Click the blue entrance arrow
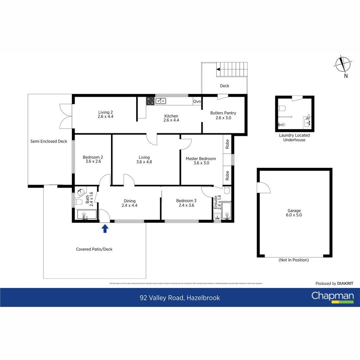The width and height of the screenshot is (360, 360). (x=105, y=228)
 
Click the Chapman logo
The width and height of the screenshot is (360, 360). (x=332, y=297)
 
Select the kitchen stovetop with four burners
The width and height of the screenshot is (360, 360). (x=150, y=101)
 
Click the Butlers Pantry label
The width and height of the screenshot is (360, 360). (x=223, y=115)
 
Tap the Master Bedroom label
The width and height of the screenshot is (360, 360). (x=201, y=161)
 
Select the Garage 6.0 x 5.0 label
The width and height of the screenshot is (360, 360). (x=294, y=213)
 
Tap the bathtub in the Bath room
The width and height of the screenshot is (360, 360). (x=86, y=215)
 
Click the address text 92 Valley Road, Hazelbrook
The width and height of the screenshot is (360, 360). (x=180, y=298)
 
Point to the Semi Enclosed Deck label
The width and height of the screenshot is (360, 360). (x=49, y=141)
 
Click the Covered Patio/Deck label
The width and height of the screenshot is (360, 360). (x=94, y=249)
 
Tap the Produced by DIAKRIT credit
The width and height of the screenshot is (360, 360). (x=334, y=283)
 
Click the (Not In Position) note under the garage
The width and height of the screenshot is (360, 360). (x=294, y=260)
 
